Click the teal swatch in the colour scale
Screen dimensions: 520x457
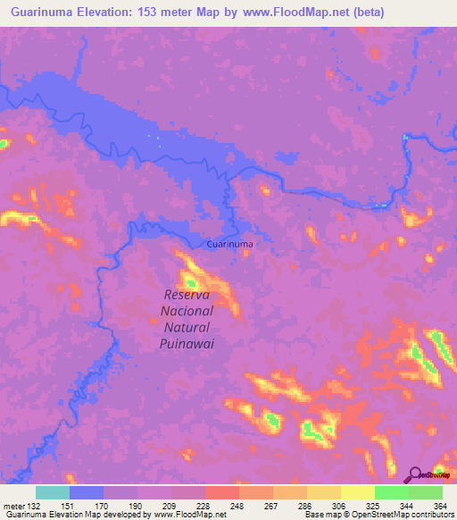coord(53,492)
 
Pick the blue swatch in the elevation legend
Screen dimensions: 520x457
coord(87,492)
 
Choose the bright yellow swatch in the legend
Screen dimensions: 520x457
coord(358,492)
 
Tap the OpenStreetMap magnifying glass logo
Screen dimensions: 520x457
coord(415,474)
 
